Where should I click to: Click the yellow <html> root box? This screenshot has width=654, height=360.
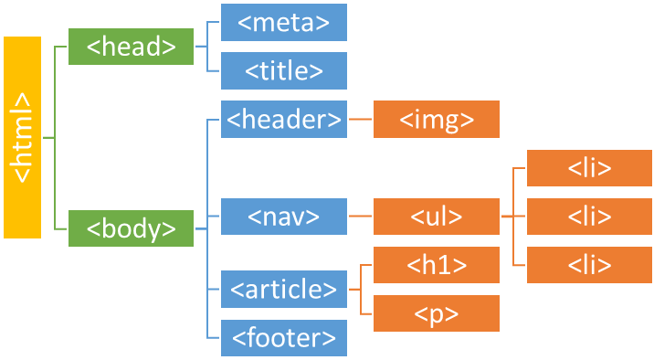click(x=22, y=138)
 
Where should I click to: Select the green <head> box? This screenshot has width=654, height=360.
click(x=132, y=47)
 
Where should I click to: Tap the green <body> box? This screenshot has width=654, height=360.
click(x=132, y=228)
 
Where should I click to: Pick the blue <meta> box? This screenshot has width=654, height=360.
click(x=284, y=23)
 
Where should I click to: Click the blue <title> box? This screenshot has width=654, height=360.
click(x=284, y=70)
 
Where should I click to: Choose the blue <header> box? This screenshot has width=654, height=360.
click(x=284, y=119)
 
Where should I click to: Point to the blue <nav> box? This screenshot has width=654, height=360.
click(x=284, y=217)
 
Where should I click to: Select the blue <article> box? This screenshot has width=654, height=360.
click(x=284, y=290)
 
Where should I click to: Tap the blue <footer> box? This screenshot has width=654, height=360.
click(x=284, y=337)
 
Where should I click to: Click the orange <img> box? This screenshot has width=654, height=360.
click(x=437, y=119)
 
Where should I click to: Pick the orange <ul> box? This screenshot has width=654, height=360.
click(x=437, y=217)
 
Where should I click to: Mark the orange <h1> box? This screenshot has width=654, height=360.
click(x=437, y=265)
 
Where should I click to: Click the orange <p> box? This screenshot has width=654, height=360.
click(x=437, y=313)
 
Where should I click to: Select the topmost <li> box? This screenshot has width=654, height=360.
click(x=589, y=169)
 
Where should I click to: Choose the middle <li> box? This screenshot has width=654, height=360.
click(x=589, y=217)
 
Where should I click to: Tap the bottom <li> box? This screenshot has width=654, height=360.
click(x=589, y=265)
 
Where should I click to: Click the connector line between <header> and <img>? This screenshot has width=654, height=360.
click(x=360, y=119)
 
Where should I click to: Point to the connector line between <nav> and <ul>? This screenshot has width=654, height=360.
click(x=360, y=217)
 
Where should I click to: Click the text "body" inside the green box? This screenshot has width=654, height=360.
click(x=132, y=228)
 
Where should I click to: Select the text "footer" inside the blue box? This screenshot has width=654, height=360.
click(x=284, y=337)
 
